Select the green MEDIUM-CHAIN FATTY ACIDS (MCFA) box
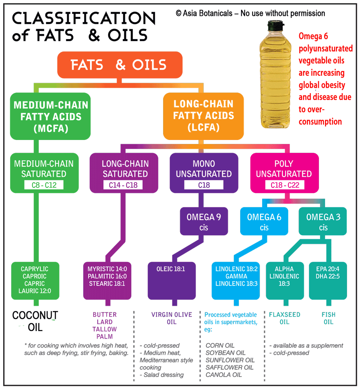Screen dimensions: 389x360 pos(50,116)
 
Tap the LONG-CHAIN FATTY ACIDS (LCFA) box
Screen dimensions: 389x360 pos(203,116)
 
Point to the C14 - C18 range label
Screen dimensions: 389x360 pos(125,185)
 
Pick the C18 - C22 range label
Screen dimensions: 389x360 pos(284,185)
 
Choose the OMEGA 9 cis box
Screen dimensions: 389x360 pos(204,222)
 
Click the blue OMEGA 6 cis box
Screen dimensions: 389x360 pos(264,222)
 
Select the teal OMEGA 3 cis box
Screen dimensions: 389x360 pos(323,222)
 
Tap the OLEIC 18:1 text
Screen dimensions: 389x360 pos(171,269)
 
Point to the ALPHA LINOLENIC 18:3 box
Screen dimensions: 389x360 pos(284,276)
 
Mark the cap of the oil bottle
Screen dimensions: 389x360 pos(276,26)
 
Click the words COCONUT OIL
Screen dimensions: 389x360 pos(35,321)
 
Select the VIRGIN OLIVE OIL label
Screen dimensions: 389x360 pos(172,318)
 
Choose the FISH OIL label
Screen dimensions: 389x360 pos(328,318)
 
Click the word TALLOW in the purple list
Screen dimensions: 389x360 pos(104,329)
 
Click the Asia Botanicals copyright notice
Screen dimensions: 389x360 pos(251,14)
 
